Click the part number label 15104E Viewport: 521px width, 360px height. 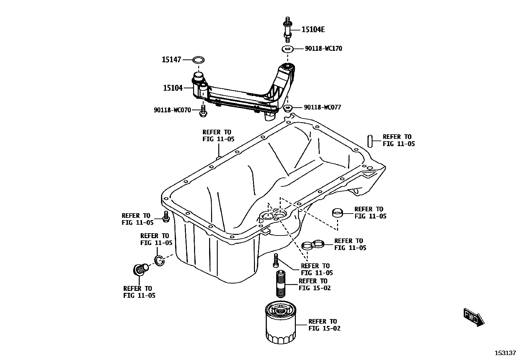point(313,29)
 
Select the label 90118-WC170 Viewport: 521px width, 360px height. point(323,48)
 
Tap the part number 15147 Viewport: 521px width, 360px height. point(171,60)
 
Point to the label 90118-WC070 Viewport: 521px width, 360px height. point(172,110)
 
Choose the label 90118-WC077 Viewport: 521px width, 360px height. point(322,107)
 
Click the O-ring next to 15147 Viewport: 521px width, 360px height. point(198,60)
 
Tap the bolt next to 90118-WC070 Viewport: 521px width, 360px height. point(202,111)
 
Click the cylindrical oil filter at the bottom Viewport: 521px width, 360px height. point(280,324)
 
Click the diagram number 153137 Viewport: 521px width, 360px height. point(505,353)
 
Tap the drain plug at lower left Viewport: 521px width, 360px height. point(140,270)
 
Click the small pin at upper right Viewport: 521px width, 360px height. point(370,141)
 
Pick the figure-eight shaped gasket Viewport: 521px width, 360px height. point(313,244)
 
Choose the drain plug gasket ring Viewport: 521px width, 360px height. point(159,260)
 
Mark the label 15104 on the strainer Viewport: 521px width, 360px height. point(173,88)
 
